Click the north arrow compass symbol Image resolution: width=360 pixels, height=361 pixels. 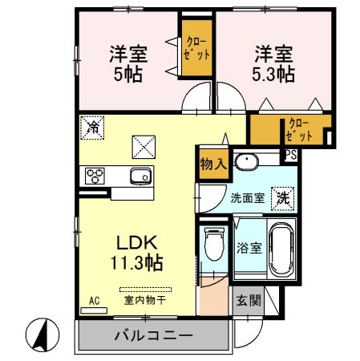(x=42, y=335)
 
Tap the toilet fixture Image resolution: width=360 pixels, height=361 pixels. (x=214, y=244)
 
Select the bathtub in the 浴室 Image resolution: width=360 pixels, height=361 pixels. (x=281, y=249)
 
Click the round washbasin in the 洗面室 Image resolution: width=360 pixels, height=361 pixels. (x=246, y=162)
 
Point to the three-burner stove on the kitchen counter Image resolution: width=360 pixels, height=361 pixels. (x=95, y=176)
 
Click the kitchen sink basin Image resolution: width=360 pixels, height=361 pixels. (x=141, y=176)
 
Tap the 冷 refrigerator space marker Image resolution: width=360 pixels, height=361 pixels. (x=92, y=128)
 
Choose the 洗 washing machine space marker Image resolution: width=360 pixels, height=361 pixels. (x=283, y=198)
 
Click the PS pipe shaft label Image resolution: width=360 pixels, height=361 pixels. (x=291, y=155)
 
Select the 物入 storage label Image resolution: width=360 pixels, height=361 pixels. (x=213, y=164)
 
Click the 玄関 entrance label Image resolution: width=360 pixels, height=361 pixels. (x=249, y=301)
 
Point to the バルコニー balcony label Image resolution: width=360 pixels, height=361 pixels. (x=154, y=335)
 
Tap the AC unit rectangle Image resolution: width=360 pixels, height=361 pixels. (x=94, y=310)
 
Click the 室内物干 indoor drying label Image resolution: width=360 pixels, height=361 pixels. (x=145, y=300)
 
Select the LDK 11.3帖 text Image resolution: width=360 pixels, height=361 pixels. (x=136, y=253)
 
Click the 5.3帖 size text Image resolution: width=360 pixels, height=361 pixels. (x=273, y=74)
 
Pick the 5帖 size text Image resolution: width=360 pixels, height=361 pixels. (x=128, y=74)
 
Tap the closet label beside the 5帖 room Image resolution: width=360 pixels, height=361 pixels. (x=197, y=48)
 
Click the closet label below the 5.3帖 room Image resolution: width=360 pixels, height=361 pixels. (x=298, y=130)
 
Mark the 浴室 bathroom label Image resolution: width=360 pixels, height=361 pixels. (x=249, y=248)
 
